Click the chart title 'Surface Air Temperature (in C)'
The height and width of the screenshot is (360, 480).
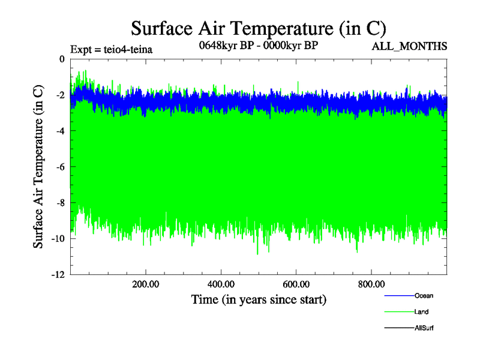coord(258,28)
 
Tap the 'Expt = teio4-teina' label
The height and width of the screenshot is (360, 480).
coord(111,49)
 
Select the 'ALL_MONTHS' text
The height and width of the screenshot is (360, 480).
coord(410,46)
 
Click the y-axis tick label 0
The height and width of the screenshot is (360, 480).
coord(61,59)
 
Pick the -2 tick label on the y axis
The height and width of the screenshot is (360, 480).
coord(59,95)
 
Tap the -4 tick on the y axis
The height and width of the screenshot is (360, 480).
coord(59,131)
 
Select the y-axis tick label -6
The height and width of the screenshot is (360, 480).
coord(59,167)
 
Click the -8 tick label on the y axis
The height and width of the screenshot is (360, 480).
coord(59,203)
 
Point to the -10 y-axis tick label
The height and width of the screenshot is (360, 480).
coord(57,239)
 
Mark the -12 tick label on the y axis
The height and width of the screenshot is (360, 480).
coord(57,275)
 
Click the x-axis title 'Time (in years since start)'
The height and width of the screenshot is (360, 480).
coord(258,299)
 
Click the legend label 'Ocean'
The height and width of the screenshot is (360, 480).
coord(424,296)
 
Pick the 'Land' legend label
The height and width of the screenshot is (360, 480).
coord(421,312)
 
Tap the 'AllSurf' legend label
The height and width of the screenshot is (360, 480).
coord(424,328)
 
